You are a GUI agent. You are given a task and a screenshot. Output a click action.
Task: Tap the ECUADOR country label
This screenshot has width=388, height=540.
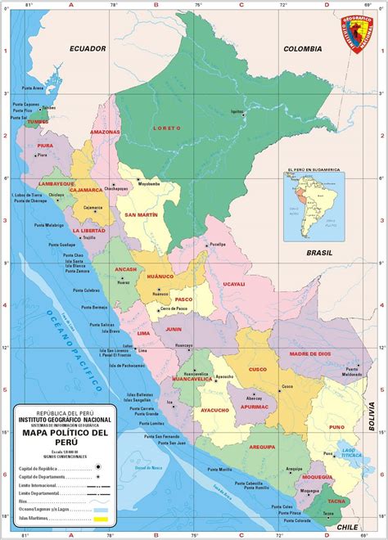88,49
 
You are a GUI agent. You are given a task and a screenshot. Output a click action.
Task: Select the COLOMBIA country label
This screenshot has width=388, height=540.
302,49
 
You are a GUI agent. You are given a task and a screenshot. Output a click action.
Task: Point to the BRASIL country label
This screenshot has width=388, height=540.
320,254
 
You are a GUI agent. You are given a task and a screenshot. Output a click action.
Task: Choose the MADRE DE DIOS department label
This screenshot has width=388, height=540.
309,353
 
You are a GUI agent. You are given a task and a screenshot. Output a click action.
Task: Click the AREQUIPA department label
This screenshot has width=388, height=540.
262,447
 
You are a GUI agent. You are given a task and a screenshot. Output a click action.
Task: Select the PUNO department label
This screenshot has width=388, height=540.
336,426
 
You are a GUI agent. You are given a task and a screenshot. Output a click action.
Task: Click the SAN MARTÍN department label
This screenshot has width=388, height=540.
141,214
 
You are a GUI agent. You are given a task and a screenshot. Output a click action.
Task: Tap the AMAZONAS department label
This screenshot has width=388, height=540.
106,132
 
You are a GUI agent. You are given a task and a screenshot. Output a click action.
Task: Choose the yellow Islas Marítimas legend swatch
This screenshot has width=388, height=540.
102,520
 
